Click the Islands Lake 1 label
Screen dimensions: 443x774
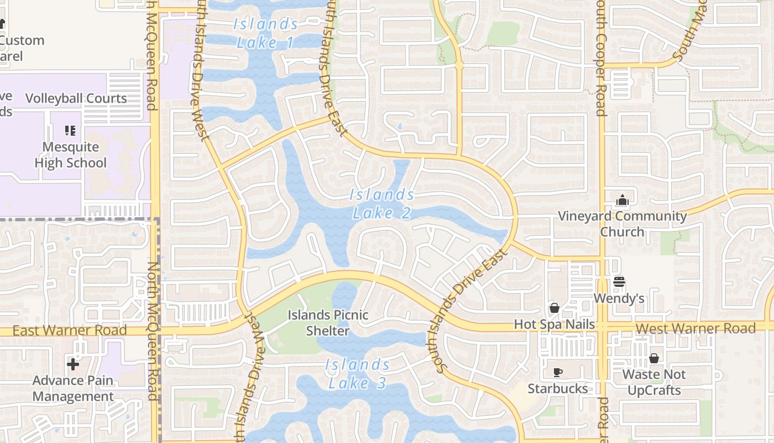(265, 33)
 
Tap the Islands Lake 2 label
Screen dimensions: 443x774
(382, 203)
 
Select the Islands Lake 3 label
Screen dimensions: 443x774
(357, 373)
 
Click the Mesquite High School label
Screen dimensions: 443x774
(70, 155)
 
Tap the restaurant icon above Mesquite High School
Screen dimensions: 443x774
(70, 131)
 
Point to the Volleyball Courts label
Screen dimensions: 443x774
(76, 99)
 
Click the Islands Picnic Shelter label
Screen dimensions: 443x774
(328, 323)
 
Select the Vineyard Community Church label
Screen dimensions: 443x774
(623, 224)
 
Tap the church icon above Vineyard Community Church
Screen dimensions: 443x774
(623, 200)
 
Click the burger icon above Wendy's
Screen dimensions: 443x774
(619, 282)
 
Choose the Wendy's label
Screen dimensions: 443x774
(619, 298)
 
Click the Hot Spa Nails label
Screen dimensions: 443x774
(555, 324)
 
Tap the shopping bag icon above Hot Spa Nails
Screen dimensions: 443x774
(555, 308)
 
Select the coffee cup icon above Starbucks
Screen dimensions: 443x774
(558, 372)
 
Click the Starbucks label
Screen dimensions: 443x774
(558, 389)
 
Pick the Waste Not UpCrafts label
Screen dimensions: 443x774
(654, 382)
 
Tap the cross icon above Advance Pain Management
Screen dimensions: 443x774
(73, 364)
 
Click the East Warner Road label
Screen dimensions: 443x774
(70, 331)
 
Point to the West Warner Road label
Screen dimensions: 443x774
(695, 328)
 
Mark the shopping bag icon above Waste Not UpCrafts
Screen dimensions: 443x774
(654, 358)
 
